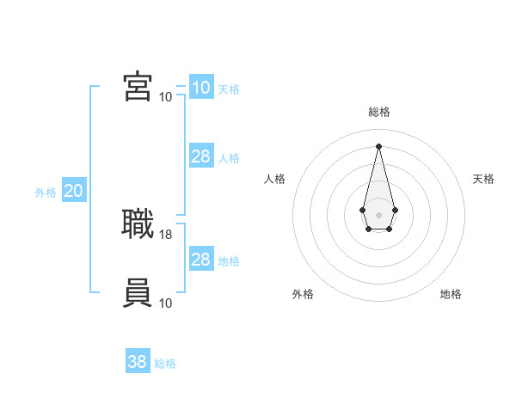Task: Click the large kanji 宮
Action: [138, 86]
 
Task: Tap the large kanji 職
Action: [138, 224]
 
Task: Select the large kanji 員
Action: [138, 293]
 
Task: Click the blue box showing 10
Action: [200, 88]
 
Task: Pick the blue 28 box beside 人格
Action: [200, 156]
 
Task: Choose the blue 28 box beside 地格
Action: [200, 260]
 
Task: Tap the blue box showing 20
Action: [73, 191]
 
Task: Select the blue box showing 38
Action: [137, 362]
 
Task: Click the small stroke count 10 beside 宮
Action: [165, 96]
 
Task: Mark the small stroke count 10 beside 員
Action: [166, 303]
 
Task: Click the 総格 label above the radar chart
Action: [379, 112]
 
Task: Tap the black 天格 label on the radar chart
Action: [483, 179]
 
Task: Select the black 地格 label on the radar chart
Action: [451, 294]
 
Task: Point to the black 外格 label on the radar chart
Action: [303, 294]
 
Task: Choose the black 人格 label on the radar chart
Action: [275, 179]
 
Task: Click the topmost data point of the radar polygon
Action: [378, 145]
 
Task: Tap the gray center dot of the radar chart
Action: [378, 213]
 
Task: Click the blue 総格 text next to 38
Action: [165, 364]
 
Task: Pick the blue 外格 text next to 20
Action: [46, 193]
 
